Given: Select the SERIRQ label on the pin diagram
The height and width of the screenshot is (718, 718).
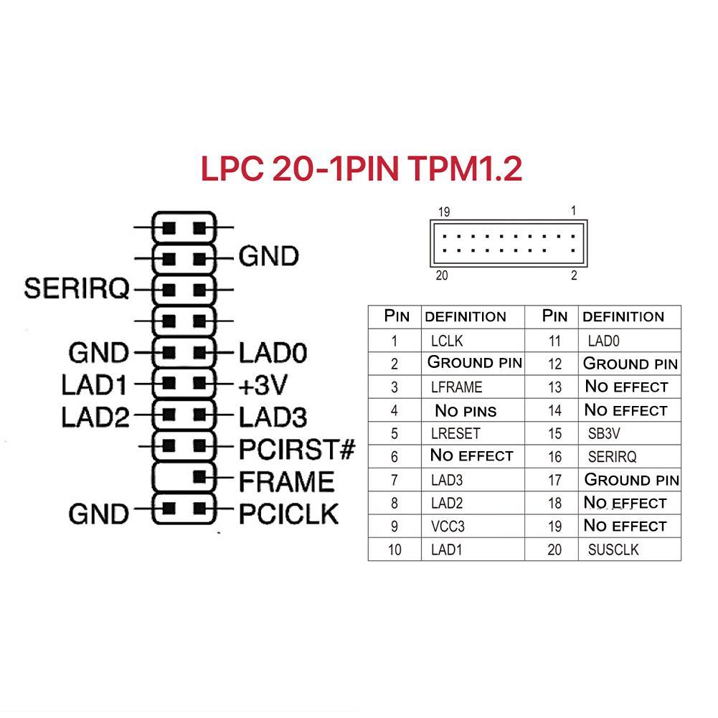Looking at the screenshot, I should click(77, 288).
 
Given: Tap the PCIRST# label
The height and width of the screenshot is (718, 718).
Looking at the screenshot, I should click(297, 450).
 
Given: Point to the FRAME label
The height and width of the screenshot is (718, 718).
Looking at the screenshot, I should click(286, 481).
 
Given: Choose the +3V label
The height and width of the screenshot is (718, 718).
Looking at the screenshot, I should click(263, 386).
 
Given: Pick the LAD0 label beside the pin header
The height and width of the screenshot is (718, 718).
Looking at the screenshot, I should click(273, 353).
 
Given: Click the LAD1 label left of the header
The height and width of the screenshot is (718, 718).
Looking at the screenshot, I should click(94, 386).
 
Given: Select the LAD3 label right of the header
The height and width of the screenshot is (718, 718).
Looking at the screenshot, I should click(273, 417).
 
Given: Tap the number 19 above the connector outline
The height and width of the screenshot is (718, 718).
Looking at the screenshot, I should click(444, 212).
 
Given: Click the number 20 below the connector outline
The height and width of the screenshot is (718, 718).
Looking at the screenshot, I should click(442, 276).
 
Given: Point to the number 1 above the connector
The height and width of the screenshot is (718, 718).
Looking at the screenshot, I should click(573, 211).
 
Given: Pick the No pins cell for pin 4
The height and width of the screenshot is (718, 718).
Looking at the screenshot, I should click(466, 411).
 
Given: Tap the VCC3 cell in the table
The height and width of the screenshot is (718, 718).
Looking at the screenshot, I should click(448, 527).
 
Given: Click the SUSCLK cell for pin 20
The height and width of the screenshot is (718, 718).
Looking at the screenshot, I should click(613, 550).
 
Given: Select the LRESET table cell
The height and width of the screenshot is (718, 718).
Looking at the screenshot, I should click(455, 434).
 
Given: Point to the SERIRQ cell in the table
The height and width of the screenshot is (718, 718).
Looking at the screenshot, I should click(612, 457).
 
